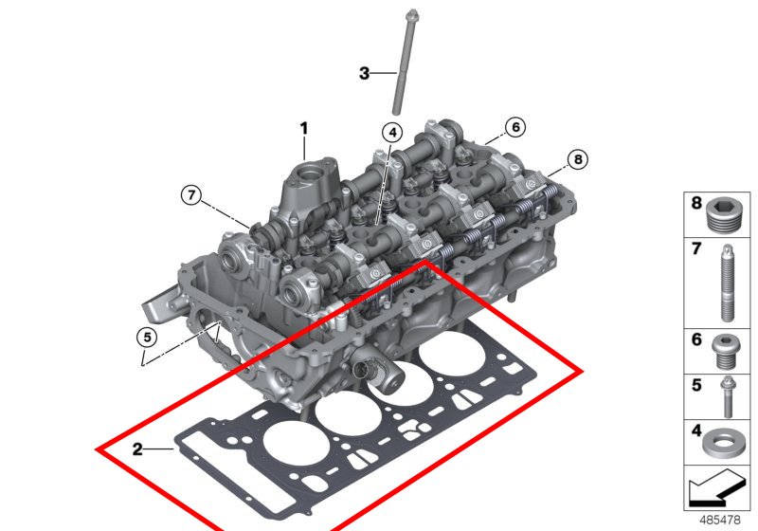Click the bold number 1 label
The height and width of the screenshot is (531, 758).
(x=303, y=129)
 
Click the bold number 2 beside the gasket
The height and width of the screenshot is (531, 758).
(x=137, y=449)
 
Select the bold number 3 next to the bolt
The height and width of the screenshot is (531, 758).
(x=364, y=74)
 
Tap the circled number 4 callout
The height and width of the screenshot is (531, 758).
(x=392, y=132)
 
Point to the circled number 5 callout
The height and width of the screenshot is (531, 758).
(x=147, y=337)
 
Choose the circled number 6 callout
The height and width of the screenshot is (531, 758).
(x=515, y=127)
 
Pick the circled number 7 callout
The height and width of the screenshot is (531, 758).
(x=192, y=195)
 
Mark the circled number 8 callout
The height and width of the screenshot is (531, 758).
(x=578, y=158)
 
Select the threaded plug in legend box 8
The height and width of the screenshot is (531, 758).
(x=722, y=215)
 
